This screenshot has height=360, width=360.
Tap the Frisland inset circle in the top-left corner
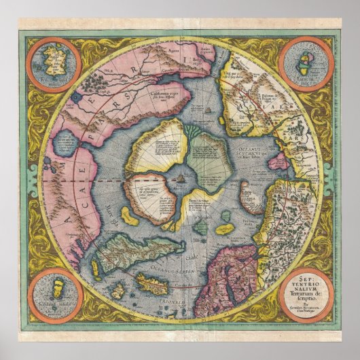point(54,66)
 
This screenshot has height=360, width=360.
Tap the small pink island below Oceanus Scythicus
point(277,162)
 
